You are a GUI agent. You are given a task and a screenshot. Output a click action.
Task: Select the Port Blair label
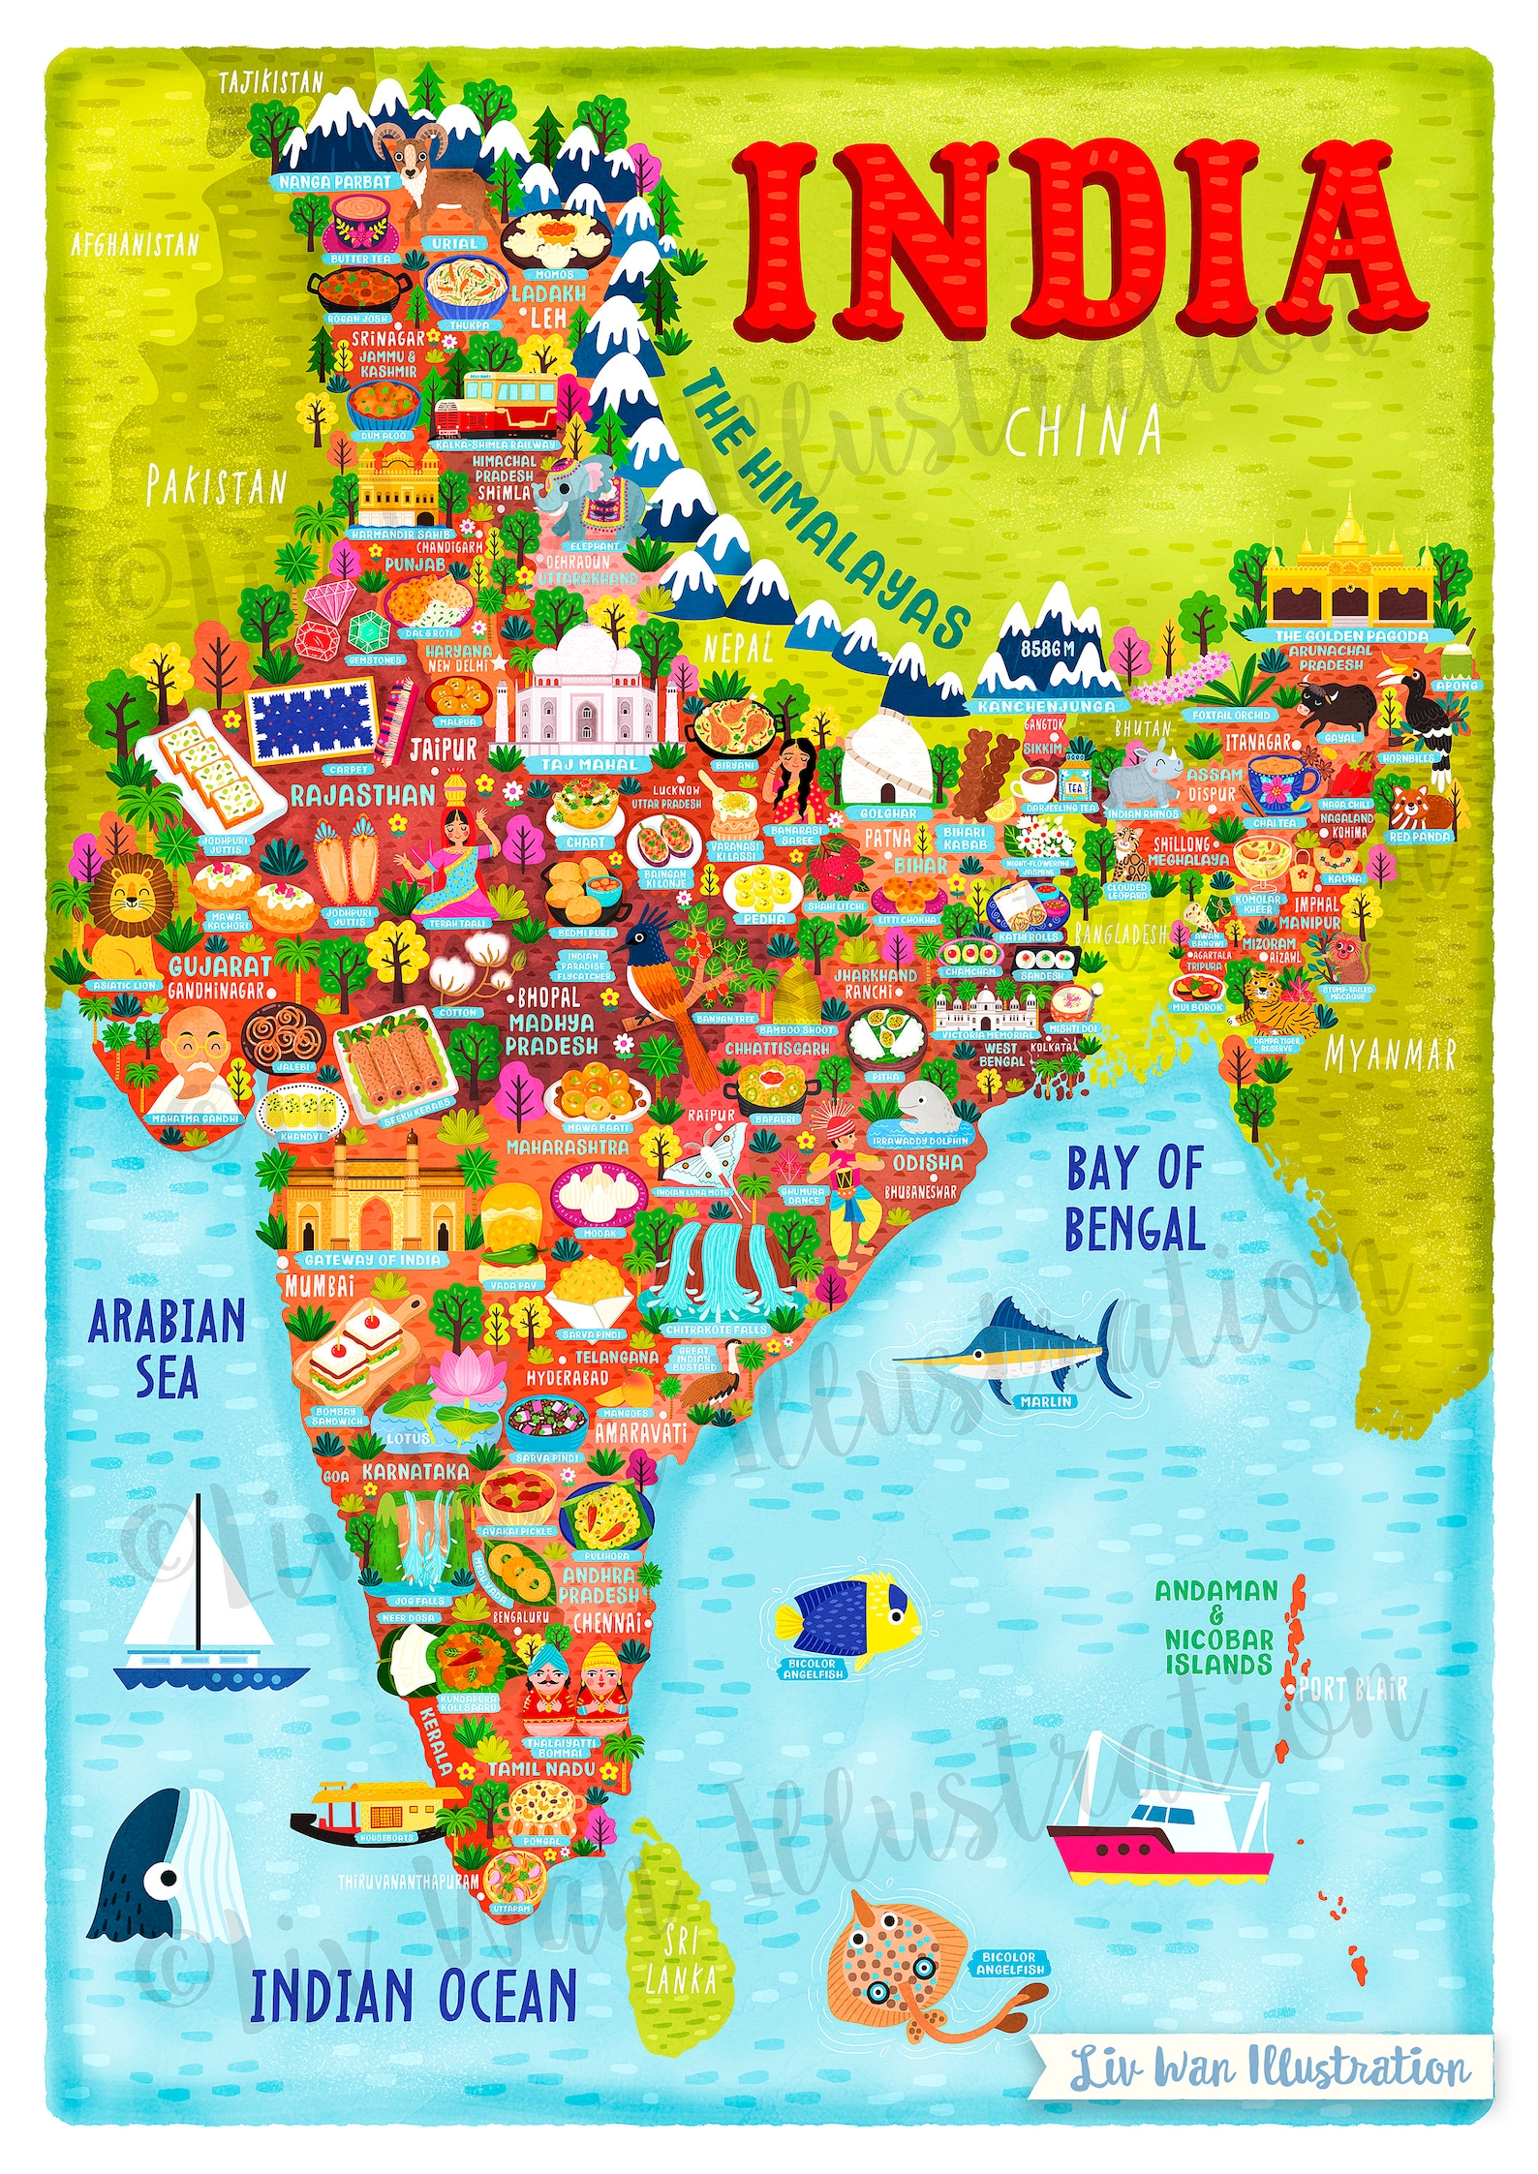coord(1353,1690)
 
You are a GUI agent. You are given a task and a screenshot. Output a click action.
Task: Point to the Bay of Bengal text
coord(1134,1199)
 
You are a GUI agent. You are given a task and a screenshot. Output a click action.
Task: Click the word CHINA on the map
coord(1083,431)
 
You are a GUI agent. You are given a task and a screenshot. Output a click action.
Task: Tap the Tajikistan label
coord(270,82)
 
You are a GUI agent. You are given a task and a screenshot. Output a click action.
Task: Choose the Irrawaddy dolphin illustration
coord(925,1108)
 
